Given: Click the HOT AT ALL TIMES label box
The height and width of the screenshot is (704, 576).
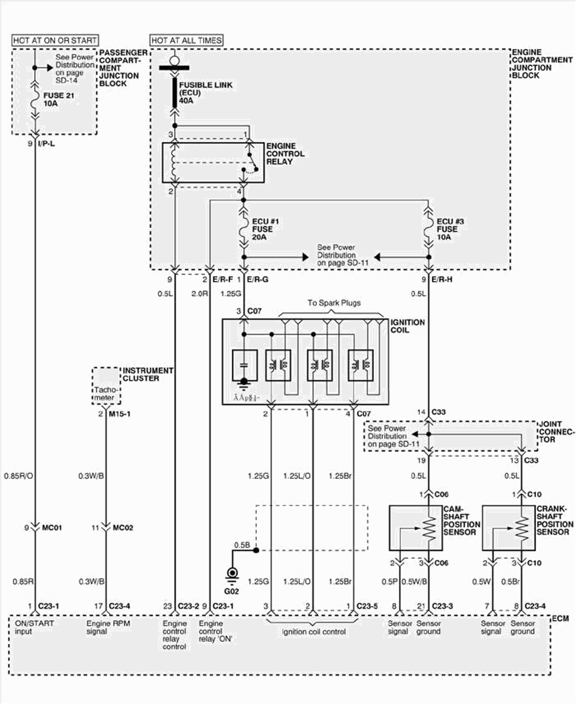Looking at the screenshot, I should pyautogui.click(x=186, y=40).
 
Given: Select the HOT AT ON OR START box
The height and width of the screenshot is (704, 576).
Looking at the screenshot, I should pyautogui.click(x=55, y=40).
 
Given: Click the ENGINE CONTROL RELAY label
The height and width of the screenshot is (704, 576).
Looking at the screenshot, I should pyautogui.click(x=285, y=154).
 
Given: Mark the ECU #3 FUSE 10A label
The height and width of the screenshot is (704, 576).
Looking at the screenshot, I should pyautogui.click(x=447, y=229).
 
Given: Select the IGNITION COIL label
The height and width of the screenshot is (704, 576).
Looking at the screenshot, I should pyautogui.click(x=407, y=326).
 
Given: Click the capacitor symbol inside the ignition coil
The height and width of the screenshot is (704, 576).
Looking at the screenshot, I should pyautogui.click(x=244, y=365).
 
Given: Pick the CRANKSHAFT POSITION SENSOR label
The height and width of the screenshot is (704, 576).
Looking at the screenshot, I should pyautogui.click(x=554, y=520).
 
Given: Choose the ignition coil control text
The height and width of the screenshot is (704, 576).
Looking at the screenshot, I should pyautogui.click(x=313, y=632).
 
